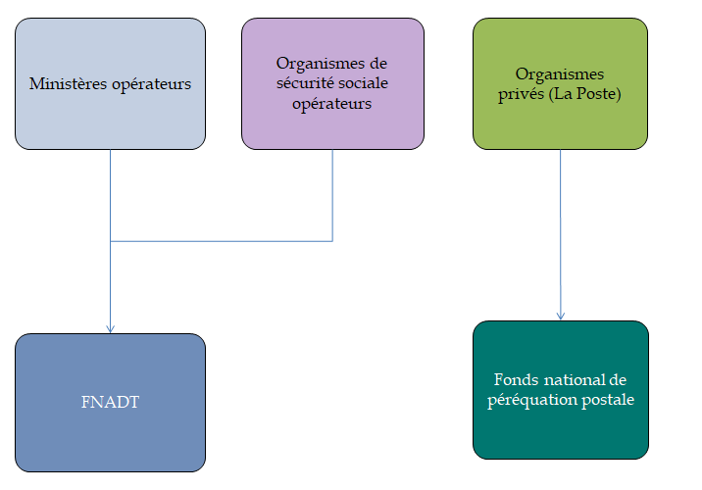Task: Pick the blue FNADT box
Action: click(x=110, y=431)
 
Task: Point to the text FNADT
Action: click(x=110, y=401)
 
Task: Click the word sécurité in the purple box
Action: click(x=307, y=83)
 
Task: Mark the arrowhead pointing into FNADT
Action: click(x=110, y=327)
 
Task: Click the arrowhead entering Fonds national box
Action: click(x=560, y=315)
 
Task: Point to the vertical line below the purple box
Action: click(x=332, y=196)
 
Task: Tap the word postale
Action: click(x=608, y=400)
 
